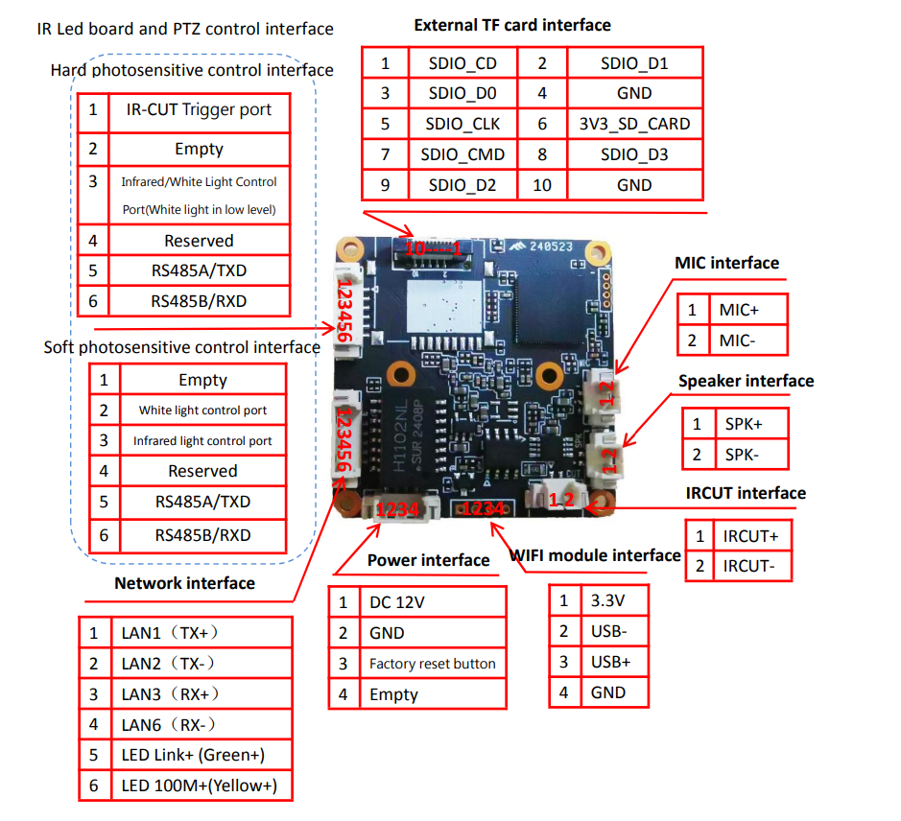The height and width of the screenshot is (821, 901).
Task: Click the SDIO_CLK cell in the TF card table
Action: [x=462, y=124]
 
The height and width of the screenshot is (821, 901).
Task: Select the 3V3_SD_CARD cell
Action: [x=634, y=124]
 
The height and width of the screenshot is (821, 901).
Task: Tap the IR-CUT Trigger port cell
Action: [x=199, y=110]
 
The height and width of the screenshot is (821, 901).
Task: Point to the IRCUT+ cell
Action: [x=750, y=535]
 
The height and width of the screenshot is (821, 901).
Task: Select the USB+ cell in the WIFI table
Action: [x=610, y=662]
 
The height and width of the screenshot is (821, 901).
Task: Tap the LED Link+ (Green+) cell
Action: [x=193, y=755]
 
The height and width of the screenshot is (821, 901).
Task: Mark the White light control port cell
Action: [x=202, y=410]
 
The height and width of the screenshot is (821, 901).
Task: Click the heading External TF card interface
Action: [x=512, y=25]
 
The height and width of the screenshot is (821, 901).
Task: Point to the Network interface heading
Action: [x=184, y=583]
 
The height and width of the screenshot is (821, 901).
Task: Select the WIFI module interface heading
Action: [x=595, y=555]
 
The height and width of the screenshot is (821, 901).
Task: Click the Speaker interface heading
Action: [x=746, y=381]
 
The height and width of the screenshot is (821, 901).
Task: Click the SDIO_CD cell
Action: [x=462, y=64]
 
